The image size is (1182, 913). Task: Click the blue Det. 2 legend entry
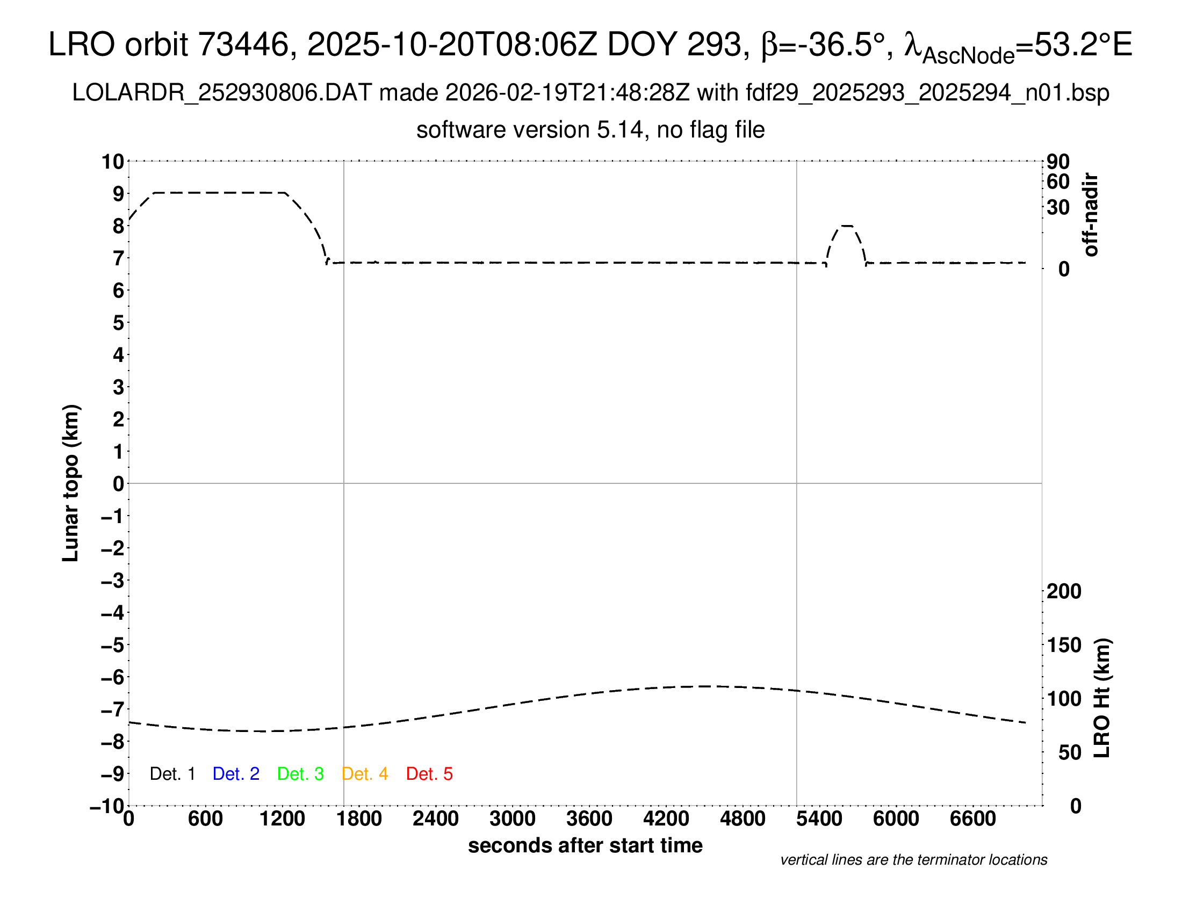point(236,774)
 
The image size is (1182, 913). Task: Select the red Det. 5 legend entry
point(429,774)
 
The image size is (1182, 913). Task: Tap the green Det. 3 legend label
point(300,774)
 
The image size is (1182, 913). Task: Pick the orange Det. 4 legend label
point(365,774)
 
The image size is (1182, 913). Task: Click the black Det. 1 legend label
point(172,774)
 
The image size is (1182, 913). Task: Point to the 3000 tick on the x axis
point(513,819)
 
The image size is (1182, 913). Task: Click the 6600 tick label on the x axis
point(972,819)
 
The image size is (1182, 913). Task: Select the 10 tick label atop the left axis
point(113,162)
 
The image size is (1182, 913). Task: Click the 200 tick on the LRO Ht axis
point(1063,591)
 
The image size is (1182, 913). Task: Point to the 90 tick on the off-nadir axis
point(1058,162)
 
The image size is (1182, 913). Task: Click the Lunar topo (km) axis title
point(71,483)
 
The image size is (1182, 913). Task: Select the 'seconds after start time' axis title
point(585,845)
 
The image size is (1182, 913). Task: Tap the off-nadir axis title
point(1091,215)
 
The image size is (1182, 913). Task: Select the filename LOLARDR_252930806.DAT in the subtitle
point(222,93)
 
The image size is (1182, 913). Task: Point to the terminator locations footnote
point(913,860)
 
